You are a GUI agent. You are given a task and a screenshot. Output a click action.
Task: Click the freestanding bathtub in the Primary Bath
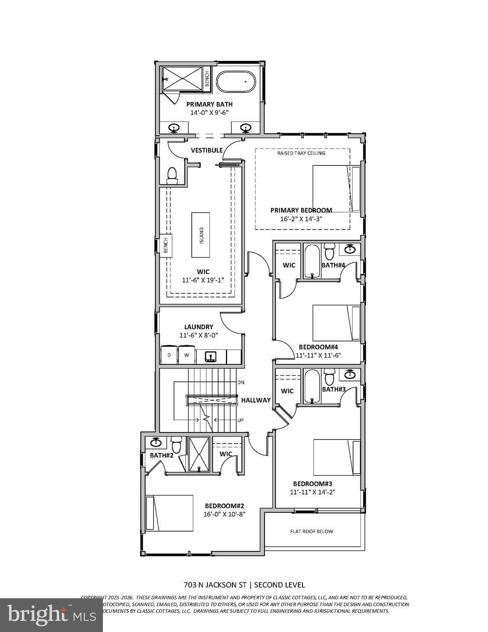coord(237,81)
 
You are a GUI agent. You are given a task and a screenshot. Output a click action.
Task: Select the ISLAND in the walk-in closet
coord(201,235)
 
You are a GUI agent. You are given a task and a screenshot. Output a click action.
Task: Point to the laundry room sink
coord(211,356)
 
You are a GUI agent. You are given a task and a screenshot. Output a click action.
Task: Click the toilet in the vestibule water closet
coord(172,176)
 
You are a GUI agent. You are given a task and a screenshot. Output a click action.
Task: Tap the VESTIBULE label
coord(207,151)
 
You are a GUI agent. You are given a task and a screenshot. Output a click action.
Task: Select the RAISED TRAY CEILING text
coord(301,153)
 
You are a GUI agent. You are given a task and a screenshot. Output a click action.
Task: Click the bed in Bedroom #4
coord(337,323)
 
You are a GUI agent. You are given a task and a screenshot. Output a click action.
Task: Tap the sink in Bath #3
coord(350,374)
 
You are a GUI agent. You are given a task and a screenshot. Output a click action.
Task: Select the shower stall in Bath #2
coord(199,454)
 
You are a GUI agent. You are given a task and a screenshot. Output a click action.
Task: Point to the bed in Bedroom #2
coord(170,513)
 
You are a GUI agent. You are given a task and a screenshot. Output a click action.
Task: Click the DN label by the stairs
coord(241,382)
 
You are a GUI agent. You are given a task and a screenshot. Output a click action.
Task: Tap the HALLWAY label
coord(256,400)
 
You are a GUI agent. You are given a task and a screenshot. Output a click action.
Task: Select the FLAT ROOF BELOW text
coord(312,531)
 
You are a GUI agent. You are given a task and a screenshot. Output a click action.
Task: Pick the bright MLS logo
coord(51,614)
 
